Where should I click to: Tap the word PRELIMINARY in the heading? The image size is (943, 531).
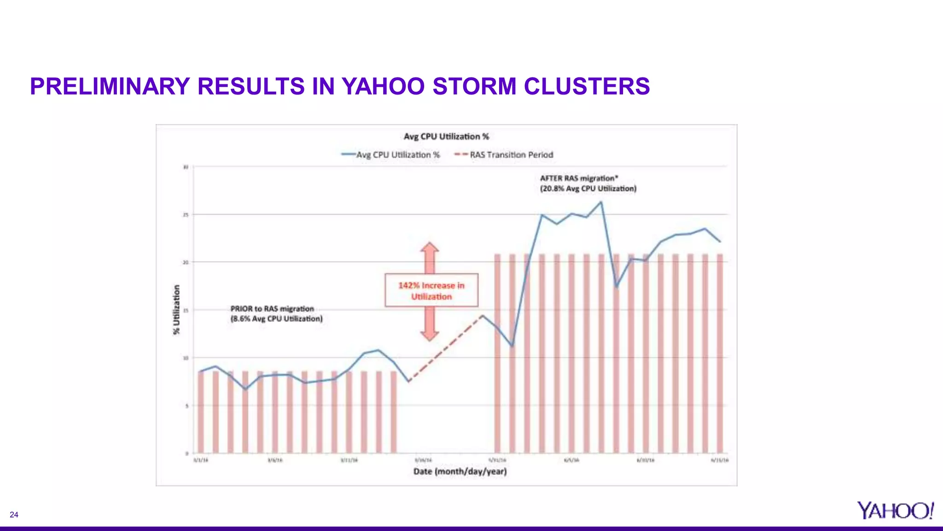click(x=110, y=86)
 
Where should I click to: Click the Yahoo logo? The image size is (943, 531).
click(x=895, y=510)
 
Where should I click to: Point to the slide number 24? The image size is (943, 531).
click(x=14, y=515)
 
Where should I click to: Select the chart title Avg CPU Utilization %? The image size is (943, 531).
click(x=446, y=136)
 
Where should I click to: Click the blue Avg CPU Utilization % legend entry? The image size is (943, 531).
click(x=391, y=155)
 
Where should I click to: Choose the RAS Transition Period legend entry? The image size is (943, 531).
click(x=504, y=155)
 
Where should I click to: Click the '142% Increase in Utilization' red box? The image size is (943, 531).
click(x=431, y=290)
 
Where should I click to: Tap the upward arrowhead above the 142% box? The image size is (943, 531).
click(x=430, y=248)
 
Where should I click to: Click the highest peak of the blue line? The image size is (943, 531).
click(x=601, y=202)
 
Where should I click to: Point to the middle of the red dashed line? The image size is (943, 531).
click(x=445, y=348)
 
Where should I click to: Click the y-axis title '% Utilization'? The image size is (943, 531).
click(x=177, y=310)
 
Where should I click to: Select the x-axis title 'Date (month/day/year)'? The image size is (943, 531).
click(x=460, y=472)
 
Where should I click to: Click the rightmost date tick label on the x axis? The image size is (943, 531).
click(x=720, y=460)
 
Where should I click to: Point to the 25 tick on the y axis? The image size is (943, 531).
click(x=186, y=215)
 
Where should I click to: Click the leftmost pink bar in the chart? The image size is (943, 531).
click(x=201, y=412)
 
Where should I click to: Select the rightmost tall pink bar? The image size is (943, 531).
click(x=720, y=353)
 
